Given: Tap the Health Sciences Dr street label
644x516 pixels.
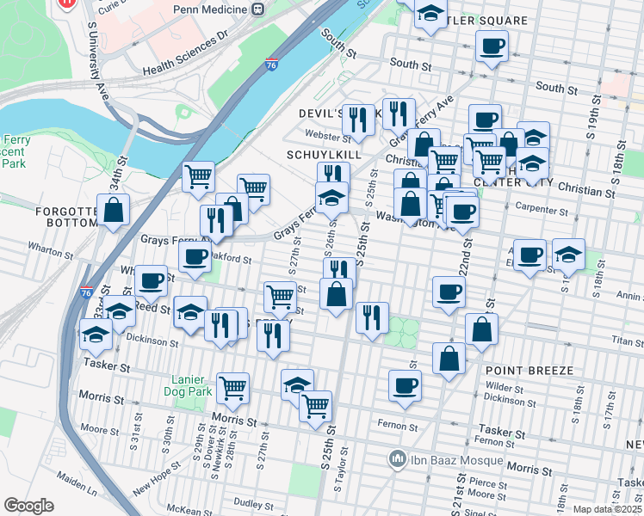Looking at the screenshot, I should (185, 52).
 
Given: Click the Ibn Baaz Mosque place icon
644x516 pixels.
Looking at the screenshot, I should (397, 459).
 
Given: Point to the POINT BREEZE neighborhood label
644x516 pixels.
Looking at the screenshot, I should (529, 370).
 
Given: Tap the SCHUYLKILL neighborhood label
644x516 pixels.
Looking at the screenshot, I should (322, 154).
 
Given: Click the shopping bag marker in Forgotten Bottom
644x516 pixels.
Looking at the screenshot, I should (113, 210).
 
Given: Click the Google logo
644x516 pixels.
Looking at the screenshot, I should (28, 506).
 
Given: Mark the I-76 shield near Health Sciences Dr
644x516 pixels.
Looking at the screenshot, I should (272, 64).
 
